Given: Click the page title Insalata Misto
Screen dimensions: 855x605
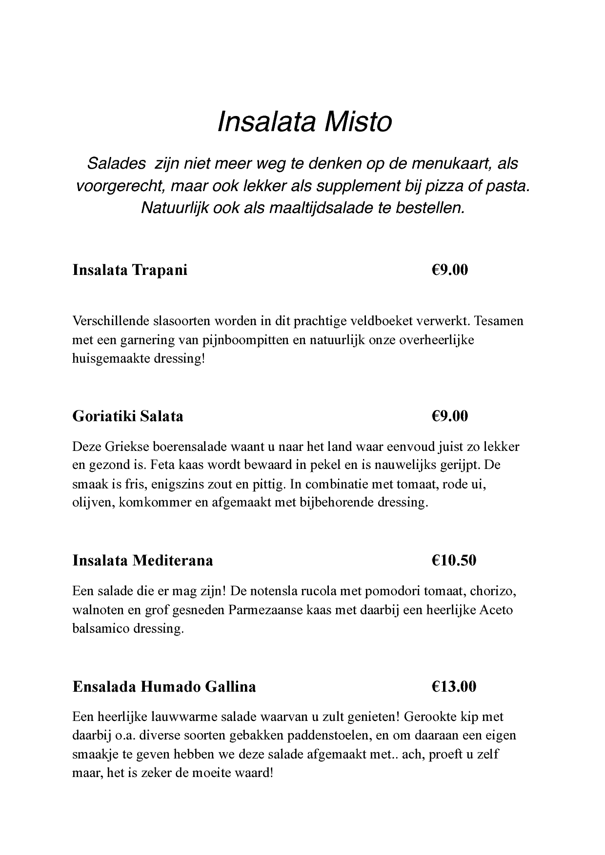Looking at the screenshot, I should (x=304, y=122).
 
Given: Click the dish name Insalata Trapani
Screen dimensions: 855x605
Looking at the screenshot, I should (x=130, y=270).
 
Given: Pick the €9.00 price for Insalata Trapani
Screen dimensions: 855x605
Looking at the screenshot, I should (x=449, y=270).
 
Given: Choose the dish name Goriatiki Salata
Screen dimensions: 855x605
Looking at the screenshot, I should (x=128, y=416).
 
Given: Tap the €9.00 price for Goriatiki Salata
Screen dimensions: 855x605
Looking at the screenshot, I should (x=449, y=416).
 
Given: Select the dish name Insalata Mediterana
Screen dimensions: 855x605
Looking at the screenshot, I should (x=142, y=561).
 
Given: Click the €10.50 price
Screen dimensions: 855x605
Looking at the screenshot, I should (x=453, y=561).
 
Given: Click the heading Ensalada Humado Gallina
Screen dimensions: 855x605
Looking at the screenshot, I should (x=164, y=687).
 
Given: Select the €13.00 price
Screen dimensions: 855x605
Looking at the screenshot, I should (x=453, y=687).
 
